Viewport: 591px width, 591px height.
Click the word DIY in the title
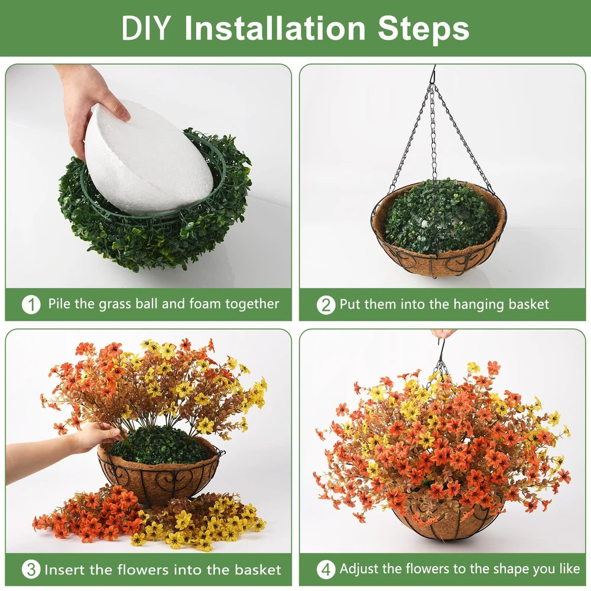point(145,28)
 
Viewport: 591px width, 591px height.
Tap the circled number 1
point(31,304)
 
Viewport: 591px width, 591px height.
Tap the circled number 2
point(326,304)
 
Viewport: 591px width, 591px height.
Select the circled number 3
point(31,569)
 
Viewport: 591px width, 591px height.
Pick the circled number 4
point(326,569)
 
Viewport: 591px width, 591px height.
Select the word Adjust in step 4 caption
point(359,569)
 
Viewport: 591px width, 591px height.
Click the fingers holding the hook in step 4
point(443,333)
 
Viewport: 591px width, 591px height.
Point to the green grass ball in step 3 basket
point(158,445)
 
